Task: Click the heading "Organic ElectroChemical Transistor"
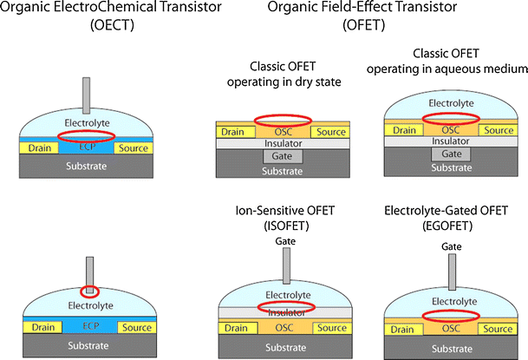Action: [x=101, y=10]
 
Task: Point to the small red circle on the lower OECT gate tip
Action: [x=89, y=290]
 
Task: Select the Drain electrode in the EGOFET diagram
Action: [x=401, y=329]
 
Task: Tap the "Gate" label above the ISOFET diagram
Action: [x=280, y=242]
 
